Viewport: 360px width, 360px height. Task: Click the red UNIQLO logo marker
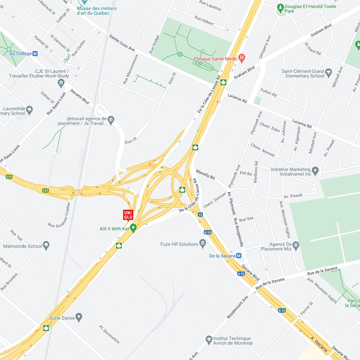point(128,215)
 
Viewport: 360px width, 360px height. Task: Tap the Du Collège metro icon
point(35,54)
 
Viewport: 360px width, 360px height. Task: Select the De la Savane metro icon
point(239,256)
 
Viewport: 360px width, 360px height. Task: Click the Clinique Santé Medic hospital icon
point(242,57)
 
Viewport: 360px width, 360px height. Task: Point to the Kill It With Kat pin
point(133,228)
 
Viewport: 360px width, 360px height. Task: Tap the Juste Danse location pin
point(79,318)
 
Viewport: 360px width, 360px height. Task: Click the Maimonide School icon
point(46,246)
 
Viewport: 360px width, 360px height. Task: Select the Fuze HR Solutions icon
point(203,244)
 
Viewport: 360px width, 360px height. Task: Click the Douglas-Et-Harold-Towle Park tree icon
point(280,8)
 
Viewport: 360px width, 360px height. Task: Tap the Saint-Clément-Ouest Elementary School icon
point(328,73)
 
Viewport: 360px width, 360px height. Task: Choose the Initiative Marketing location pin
point(315,171)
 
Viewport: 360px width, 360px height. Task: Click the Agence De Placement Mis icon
point(296,246)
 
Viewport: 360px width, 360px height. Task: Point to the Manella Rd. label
point(205,175)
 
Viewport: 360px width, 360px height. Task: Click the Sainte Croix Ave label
point(122,43)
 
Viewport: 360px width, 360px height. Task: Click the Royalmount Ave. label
point(238,307)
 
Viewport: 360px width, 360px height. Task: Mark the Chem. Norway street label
point(263,150)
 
